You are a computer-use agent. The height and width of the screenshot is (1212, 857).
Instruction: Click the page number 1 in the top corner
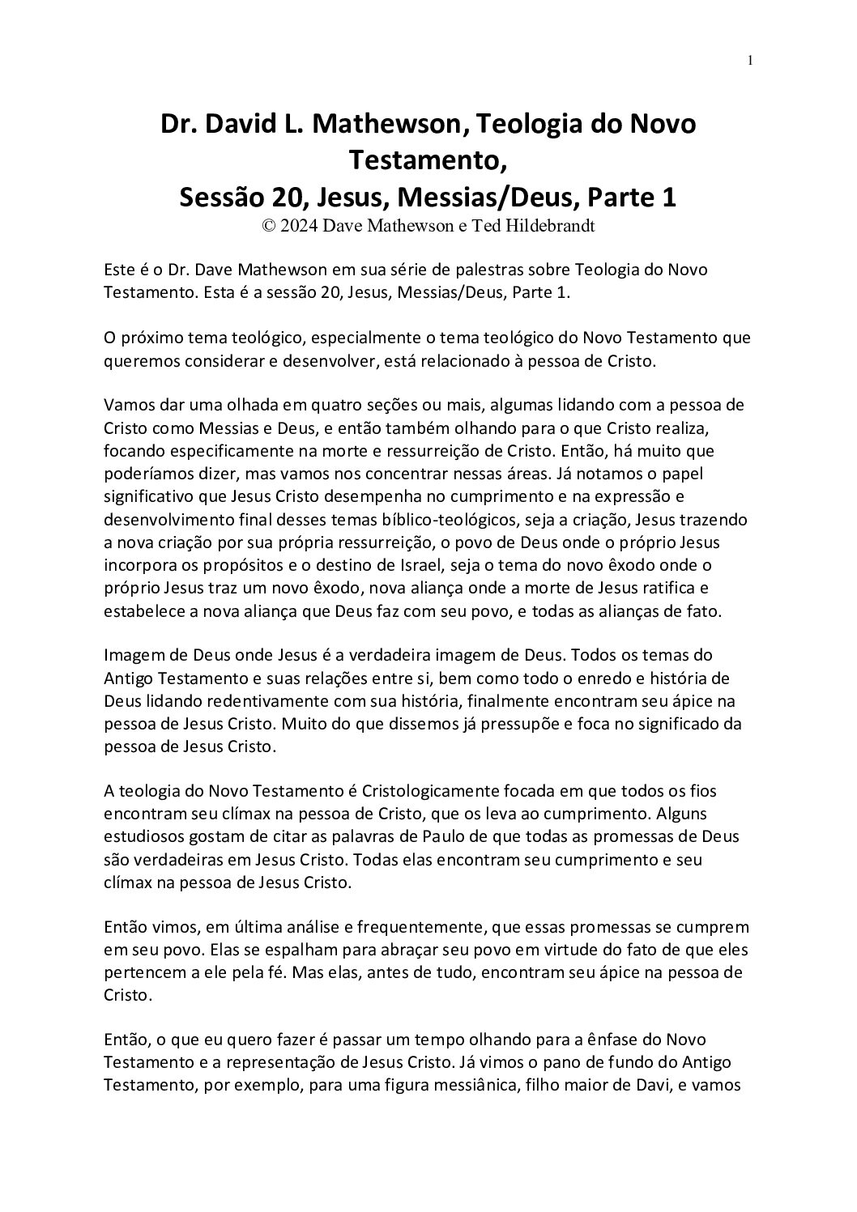point(751,61)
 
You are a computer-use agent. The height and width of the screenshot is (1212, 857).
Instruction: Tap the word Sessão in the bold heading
point(215,197)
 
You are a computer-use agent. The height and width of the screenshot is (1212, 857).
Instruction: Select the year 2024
point(299,227)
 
